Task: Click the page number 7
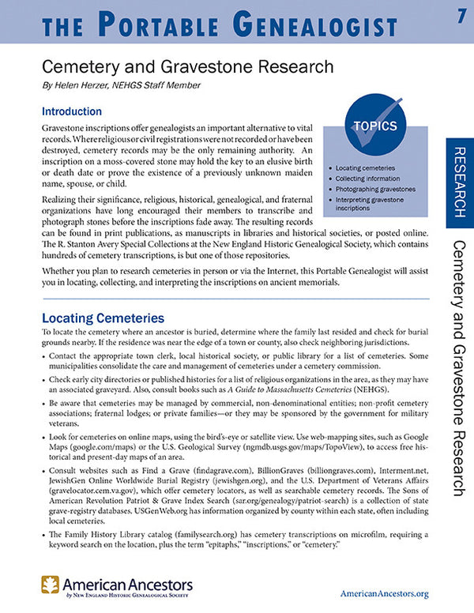[460, 17]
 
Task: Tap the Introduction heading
[72, 111]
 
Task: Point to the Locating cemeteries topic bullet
[365, 168]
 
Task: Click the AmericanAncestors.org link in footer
[383, 593]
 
